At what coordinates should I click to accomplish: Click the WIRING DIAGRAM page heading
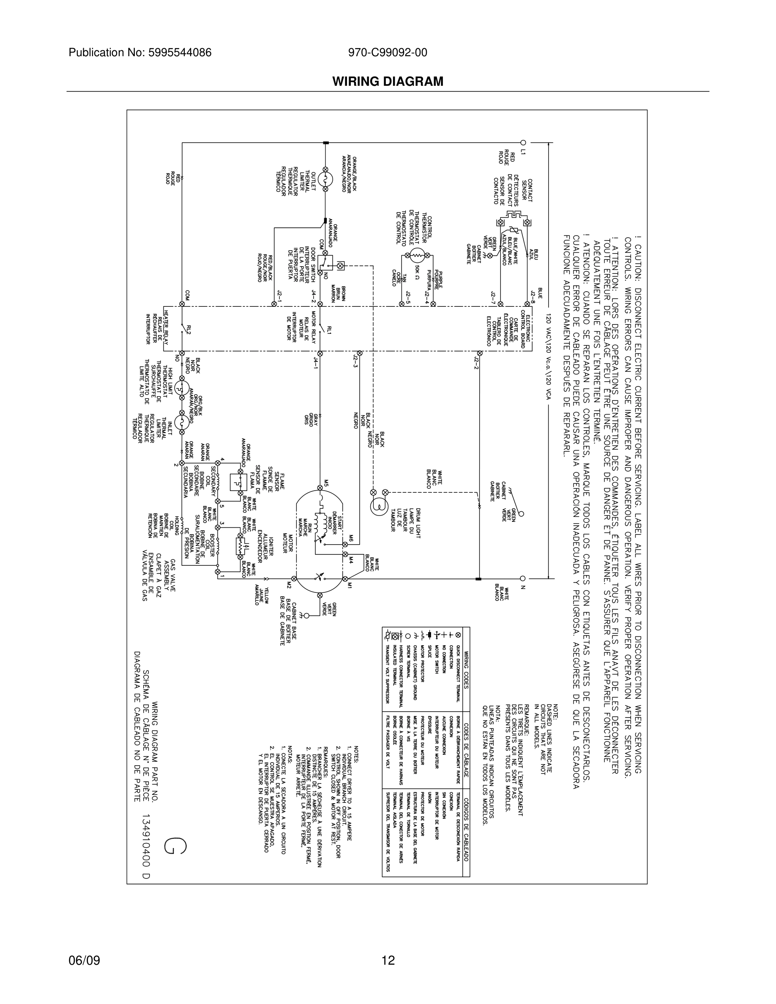coord(388,82)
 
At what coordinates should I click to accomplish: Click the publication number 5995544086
coord(180,53)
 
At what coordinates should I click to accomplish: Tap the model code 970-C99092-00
coord(388,53)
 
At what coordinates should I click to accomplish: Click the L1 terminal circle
coord(523,142)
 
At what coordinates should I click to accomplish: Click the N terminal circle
coord(523,578)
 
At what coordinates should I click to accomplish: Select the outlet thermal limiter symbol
coord(325,179)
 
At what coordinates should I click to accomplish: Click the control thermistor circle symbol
coord(418,255)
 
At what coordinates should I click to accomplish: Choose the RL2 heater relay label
coord(189,330)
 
